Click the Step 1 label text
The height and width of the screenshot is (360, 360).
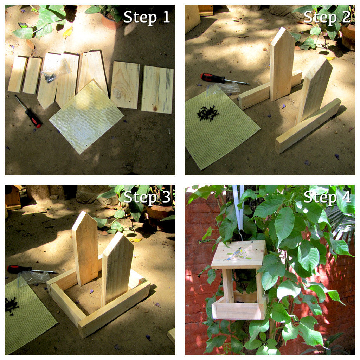click(147, 17)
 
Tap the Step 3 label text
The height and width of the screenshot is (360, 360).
click(147, 197)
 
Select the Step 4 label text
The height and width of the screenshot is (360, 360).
click(327, 197)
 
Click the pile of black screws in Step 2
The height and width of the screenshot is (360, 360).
click(208, 114)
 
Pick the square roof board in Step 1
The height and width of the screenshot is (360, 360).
click(86, 116)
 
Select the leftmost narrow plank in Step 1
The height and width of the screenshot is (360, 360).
click(18, 74)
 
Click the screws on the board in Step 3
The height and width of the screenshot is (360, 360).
click(11, 304)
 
